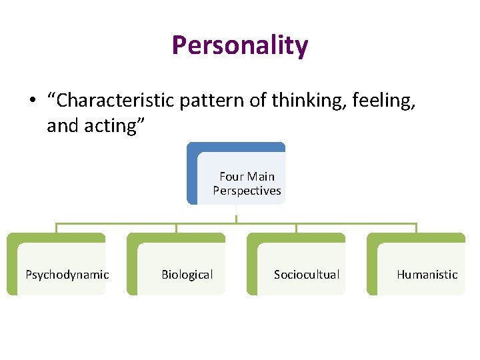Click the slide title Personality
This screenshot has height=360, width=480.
tap(240, 45)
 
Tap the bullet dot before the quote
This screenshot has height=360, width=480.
tap(31, 101)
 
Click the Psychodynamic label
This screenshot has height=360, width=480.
tap(67, 274)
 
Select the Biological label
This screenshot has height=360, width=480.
tap(187, 274)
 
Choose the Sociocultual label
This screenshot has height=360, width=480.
tap(307, 274)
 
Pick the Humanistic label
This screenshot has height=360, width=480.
tap(427, 274)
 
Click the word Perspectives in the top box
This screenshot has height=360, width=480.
tap(247, 191)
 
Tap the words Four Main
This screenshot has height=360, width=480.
tap(247, 177)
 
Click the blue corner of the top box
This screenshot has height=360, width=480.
tap(192, 148)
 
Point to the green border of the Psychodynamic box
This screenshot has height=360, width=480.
tap(11, 267)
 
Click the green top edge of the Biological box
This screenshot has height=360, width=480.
tap(176, 237)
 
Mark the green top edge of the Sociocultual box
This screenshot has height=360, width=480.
tap(296, 237)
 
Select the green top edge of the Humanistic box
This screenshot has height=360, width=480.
tap(416, 237)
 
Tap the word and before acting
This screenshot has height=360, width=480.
tap(62, 125)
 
